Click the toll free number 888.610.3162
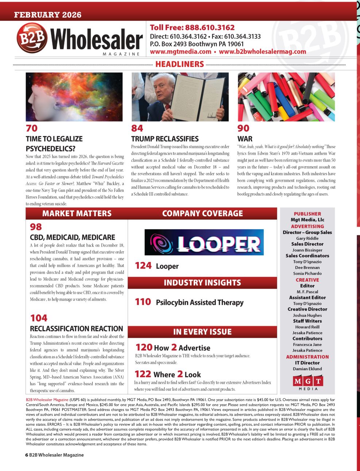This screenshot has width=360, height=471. (210, 28)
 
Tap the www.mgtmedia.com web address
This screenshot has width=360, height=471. (181, 52)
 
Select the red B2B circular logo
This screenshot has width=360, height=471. (32, 38)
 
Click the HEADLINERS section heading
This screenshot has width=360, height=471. (179, 64)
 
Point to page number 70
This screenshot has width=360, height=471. (32, 128)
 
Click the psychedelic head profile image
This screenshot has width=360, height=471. (74, 97)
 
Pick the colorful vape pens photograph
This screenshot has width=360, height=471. (286, 97)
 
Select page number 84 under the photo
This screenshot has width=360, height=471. (137, 128)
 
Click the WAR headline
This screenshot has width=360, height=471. (245, 139)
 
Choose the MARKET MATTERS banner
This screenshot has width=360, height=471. (77, 213)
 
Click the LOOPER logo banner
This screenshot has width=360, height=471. (204, 242)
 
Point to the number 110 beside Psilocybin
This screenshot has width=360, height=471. (143, 302)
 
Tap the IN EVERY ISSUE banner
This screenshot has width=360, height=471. (202, 332)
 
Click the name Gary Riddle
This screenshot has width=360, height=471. (307, 238)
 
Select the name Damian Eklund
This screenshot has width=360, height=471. (307, 369)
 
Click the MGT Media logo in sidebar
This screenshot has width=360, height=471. (308, 382)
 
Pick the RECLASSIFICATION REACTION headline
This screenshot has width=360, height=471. (77, 329)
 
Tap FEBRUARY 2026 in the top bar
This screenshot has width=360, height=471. (48, 15)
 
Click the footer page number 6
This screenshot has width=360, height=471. (27, 455)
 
